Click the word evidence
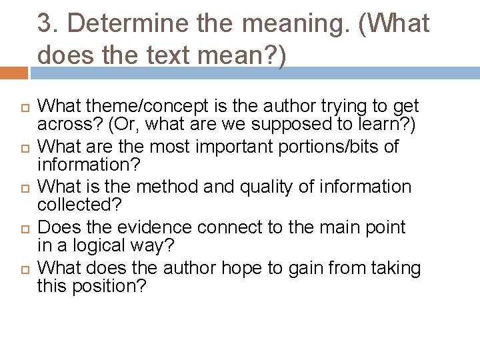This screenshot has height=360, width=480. click(167, 228)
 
